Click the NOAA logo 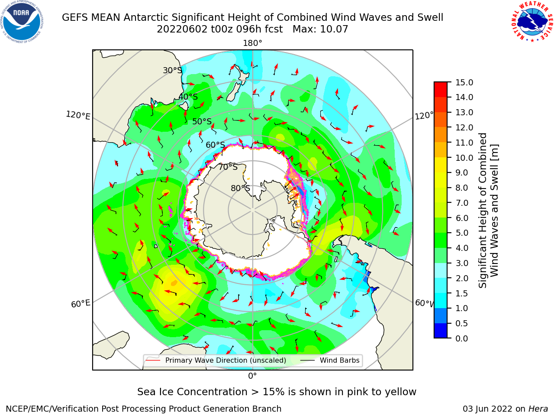[x=22, y=22]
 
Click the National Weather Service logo [x=532, y=22]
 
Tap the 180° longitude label [x=252, y=43]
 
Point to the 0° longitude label [x=252, y=376]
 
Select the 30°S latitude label [x=173, y=70]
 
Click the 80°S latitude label [x=241, y=188]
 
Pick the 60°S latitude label [x=215, y=145]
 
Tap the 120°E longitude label [x=78, y=115]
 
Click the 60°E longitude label [x=81, y=304]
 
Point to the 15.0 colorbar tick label [x=464, y=82]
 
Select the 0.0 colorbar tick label [x=462, y=338]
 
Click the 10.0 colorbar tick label [x=464, y=158]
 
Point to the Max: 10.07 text [x=320, y=29]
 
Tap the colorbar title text [x=488, y=211]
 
